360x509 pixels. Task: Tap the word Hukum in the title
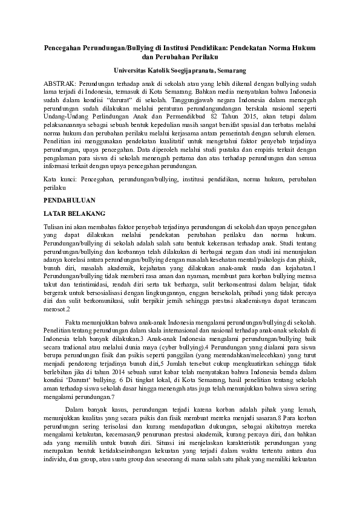[x=304, y=47]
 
